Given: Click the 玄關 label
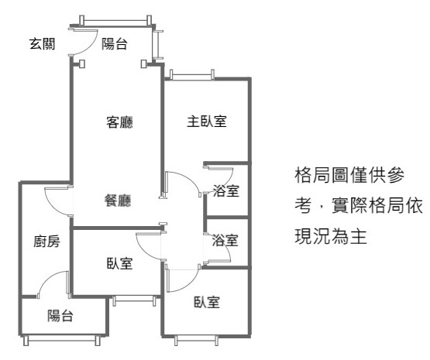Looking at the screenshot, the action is tap(43, 44).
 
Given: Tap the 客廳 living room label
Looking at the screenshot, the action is tap(119, 122).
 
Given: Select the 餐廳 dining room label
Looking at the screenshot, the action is tap(118, 201).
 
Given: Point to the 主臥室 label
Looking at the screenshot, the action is tap(207, 121).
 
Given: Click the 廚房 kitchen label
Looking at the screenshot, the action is tap(46, 242).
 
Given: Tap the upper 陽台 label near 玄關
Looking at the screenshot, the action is tap(115, 44).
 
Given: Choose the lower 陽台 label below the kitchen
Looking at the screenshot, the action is tap(60, 316).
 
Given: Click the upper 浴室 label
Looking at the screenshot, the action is tap(226, 190).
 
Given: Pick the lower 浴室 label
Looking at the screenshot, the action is tap(225, 240).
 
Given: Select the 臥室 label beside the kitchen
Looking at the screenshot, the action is tap(119, 263).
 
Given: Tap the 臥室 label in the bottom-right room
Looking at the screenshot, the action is tap(207, 302).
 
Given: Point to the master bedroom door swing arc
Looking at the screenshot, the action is tap(190, 180).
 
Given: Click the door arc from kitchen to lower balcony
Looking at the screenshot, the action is tap(48, 278).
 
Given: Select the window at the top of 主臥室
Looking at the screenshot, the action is tap(191, 75).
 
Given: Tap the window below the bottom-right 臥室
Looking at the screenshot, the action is tap(196, 341).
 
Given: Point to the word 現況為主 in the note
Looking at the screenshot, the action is tap(331, 236).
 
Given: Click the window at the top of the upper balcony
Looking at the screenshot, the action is tap(115, 21).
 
